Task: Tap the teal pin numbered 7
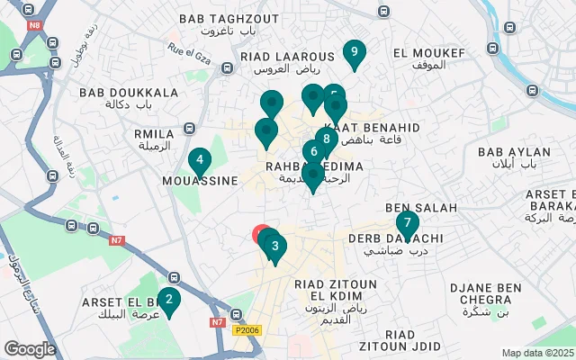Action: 407,223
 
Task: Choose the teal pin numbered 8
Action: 326,139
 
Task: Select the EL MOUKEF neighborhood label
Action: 429,53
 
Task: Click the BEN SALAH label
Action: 421,207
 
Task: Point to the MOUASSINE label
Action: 200,180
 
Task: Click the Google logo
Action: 30,348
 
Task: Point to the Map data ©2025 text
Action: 537,354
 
